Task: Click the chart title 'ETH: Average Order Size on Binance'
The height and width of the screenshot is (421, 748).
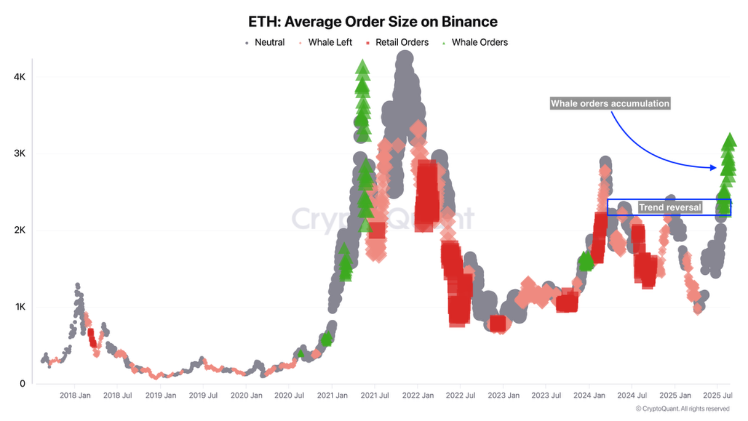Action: coord(373,22)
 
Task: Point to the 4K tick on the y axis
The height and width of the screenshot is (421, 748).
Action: coord(19,77)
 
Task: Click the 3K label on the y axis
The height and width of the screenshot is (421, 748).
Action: coord(19,153)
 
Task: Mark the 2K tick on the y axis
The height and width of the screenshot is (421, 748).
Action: coord(19,230)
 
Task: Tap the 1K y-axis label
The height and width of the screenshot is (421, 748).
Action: coord(19,307)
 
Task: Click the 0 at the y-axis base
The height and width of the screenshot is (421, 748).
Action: coord(22,384)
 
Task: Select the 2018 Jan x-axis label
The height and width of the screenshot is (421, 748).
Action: coord(75,396)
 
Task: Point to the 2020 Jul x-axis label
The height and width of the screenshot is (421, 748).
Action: coord(289,396)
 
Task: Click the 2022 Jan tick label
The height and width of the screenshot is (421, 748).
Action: coord(417,396)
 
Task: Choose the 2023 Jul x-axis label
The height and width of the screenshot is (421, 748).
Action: coord(546,396)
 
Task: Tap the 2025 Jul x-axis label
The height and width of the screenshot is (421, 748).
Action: coord(718,396)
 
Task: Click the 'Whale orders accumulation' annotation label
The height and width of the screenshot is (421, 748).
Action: coord(610,103)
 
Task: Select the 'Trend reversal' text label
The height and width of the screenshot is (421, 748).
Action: coord(670,208)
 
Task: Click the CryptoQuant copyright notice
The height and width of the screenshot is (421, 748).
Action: coord(682,409)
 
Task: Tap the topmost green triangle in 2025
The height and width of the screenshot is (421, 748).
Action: coord(729,140)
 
